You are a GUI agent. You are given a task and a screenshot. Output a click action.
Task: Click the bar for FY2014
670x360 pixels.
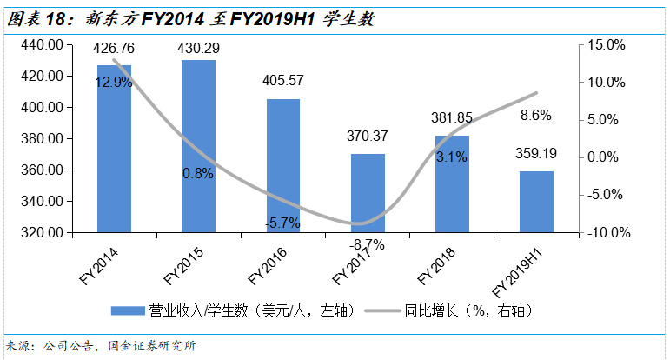pyautogui.click(x=114, y=149)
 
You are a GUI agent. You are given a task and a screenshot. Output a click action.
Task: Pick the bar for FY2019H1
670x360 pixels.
pyautogui.click(x=536, y=202)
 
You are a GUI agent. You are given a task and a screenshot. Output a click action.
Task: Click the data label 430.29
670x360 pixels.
pyautogui.click(x=198, y=49)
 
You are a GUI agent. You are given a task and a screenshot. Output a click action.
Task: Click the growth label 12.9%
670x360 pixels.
pyautogui.click(x=114, y=83)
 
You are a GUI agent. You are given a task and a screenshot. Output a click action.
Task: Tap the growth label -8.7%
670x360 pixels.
pyautogui.click(x=368, y=244)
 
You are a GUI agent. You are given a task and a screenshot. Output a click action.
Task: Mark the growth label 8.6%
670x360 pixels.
pyautogui.click(x=536, y=115)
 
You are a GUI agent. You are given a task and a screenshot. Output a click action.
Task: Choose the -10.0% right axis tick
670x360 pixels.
pyautogui.click(x=603, y=233)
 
